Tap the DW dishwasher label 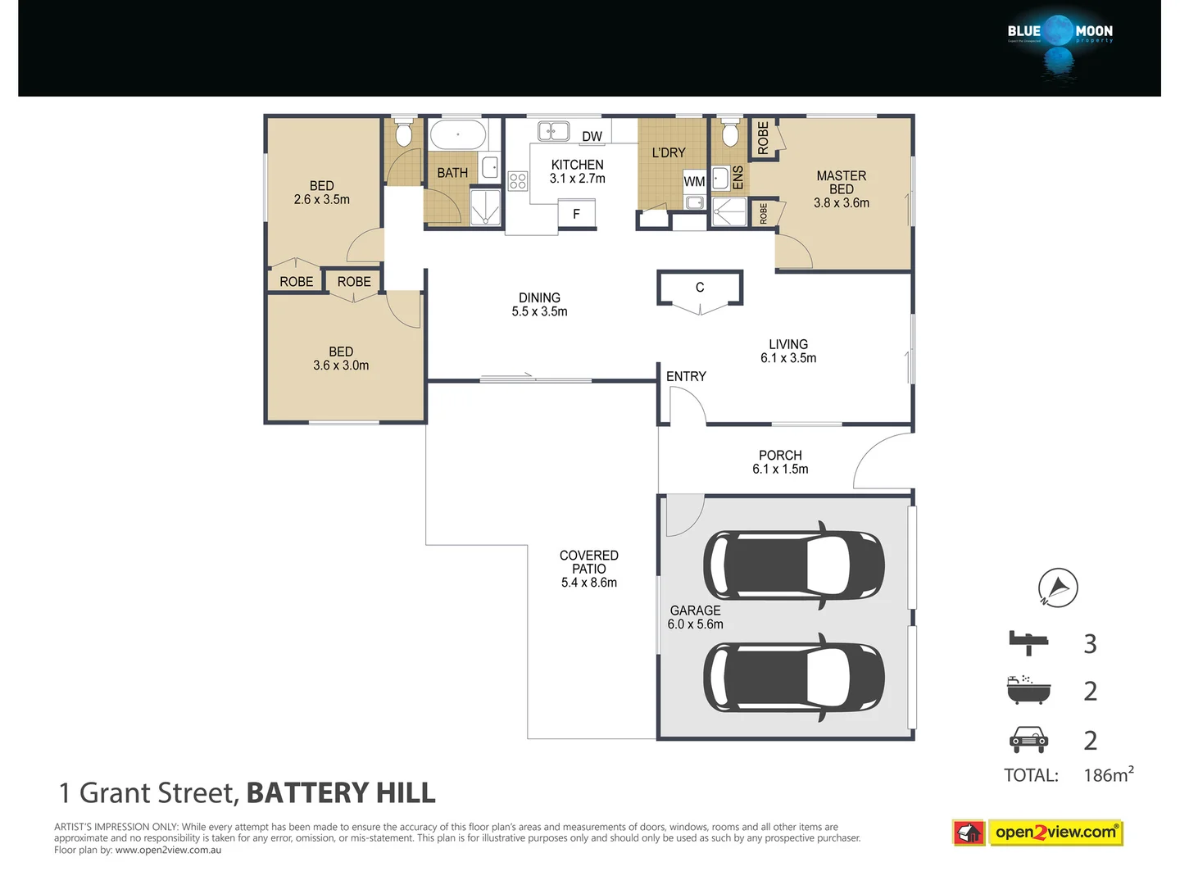[x=592, y=137]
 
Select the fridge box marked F [x=576, y=214]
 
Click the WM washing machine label [x=694, y=182]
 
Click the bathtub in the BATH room [x=458, y=135]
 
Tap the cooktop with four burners [x=517, y=181]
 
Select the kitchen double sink [x=554, y=131]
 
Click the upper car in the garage [x=793, y=565]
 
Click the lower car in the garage [x=793, y=677]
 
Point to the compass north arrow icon [x=1057, y=588]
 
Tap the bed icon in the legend [x=1028, y=642]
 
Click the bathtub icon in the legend [x=1028, y=690]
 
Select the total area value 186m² [x=1108, y=774]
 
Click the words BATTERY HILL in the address [x=341, y=793]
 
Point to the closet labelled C [x=700, y=288]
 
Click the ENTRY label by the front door [x=686, y=376]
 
